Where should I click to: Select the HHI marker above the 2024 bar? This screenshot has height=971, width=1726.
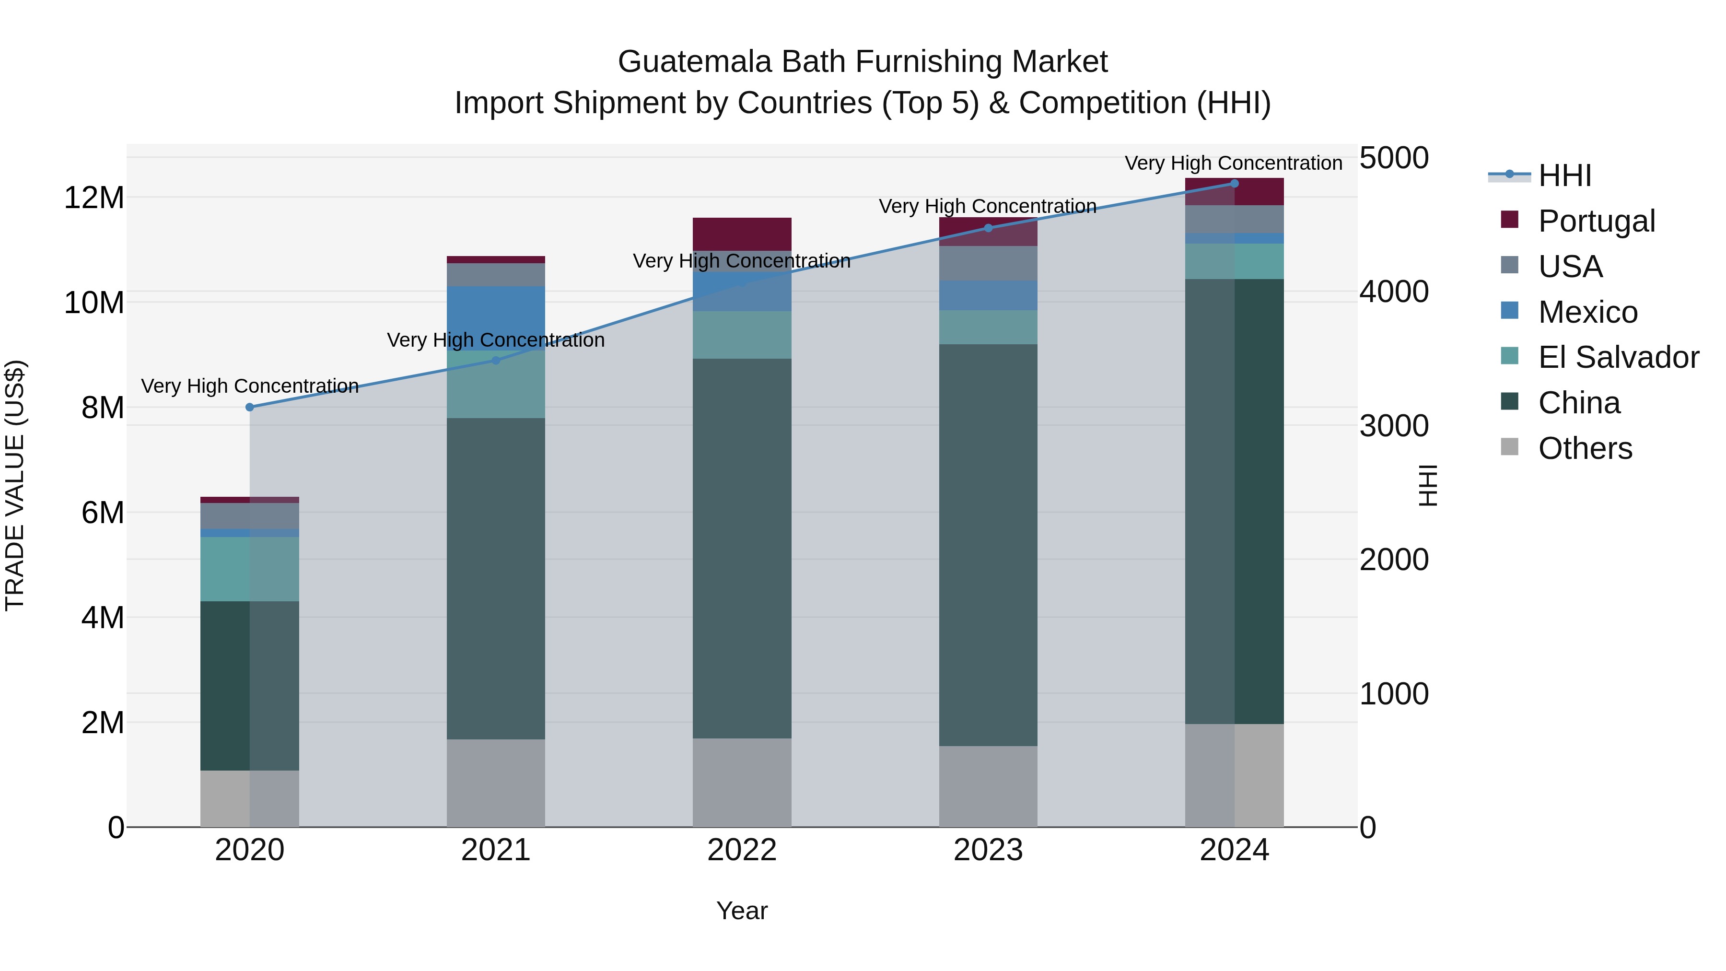(x=1234, y=184)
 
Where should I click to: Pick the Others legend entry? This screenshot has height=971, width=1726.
(x=1585, y=448)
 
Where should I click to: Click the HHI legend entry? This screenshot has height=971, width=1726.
(x=1564, y=175)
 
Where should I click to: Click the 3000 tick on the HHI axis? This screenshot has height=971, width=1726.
(x=1394, y=426)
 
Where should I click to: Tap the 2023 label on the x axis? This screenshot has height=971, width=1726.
(x=988, y=850)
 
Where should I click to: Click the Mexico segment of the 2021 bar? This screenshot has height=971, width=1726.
(x=496, y=318)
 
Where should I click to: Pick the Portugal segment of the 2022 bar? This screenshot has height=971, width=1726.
(x=742, y=234)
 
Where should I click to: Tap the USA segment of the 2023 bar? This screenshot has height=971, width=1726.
(x=988, y=263)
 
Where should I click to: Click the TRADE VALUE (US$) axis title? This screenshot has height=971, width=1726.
(x=15, y=485)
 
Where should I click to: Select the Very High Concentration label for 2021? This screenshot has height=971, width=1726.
(x=496, y=340)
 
